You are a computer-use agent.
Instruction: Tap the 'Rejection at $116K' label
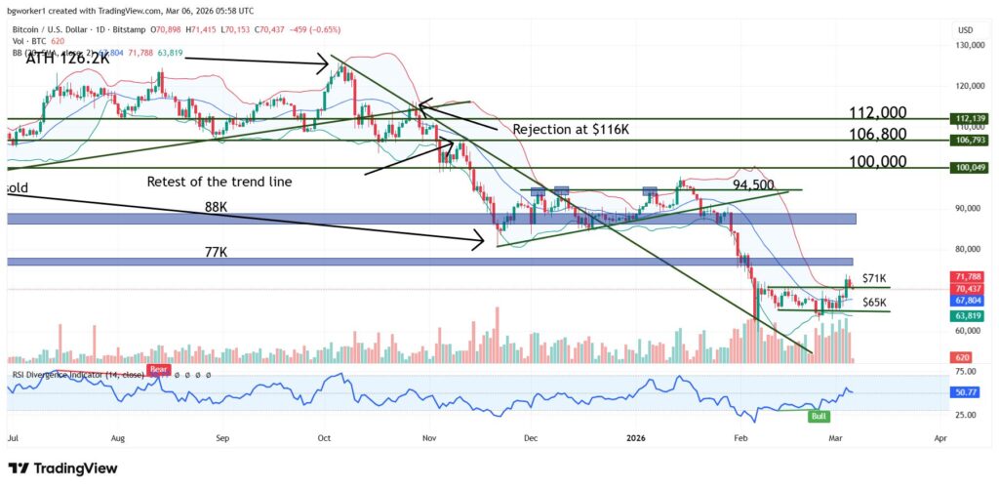(572, 128)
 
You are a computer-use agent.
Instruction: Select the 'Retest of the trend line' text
(219, 182)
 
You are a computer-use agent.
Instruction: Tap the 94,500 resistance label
(753, 184)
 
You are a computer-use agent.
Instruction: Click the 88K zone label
(218, 206)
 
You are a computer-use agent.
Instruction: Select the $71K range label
(874, 278)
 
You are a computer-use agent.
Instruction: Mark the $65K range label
(875, 303)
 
